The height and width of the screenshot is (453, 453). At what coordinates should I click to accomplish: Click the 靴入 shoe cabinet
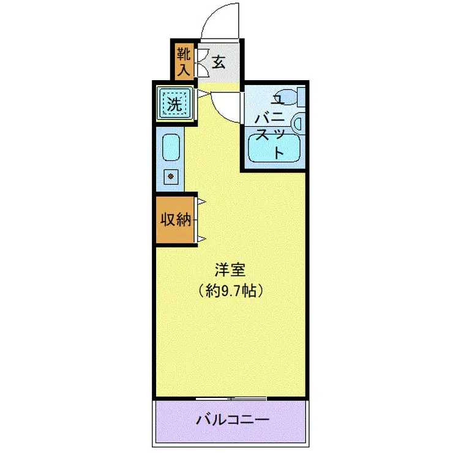[x=184, y=61]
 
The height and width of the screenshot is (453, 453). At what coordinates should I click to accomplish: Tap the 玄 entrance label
[x=219, y=62]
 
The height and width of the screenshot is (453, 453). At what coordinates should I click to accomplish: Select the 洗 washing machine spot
[x=175, y=104]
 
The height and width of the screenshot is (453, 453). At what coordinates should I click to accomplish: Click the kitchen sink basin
[x=171, y=148]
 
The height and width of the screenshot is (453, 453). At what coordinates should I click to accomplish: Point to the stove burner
[x=171, y=176]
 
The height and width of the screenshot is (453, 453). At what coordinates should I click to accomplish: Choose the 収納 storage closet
[x=175, y=220]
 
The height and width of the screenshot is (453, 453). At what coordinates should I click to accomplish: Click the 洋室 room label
[x=230, y=269]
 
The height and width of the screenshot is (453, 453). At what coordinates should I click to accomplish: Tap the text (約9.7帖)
[x=231, y=290]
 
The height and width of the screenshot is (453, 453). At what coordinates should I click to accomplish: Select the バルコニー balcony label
[x=233, y=420]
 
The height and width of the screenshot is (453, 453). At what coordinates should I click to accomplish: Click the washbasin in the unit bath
[x=299, y=124]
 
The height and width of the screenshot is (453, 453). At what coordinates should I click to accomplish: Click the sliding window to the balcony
[x=231, y=399]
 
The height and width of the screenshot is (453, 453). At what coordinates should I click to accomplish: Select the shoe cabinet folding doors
[x=201, y=62]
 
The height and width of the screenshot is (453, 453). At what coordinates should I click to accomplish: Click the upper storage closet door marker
[x=201, y=201]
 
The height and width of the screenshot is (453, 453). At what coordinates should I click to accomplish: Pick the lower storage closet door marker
[x=201, y=239]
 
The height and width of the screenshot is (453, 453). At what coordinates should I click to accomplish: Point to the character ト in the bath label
[x=279, y=152]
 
